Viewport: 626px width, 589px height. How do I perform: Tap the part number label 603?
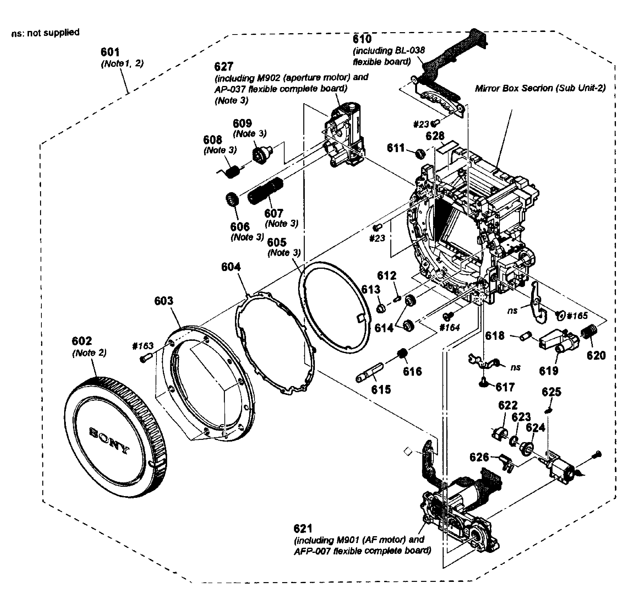tap(163, 301)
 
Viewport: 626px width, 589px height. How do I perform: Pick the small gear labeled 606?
tap(233, 199)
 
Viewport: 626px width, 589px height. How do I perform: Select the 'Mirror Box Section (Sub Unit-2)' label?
tap(540, 88)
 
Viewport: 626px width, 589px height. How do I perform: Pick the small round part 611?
tap(420, 154)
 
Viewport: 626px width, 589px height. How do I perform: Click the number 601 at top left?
tap(110, 52)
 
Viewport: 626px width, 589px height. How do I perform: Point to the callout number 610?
tap(362, 39)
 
